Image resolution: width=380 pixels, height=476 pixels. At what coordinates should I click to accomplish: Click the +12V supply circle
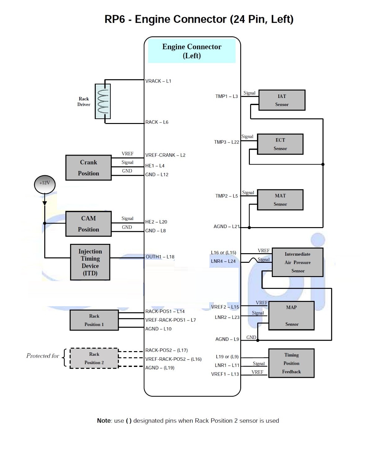tap(45, 184)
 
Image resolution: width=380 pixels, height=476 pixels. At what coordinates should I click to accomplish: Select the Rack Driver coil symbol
tap(103, 101)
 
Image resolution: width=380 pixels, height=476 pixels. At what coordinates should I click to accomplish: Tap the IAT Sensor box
tap(282, 100)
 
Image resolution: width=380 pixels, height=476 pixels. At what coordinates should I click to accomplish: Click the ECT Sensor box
tap(280, 144)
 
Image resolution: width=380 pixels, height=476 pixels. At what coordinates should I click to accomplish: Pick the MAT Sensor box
tap(280, 200)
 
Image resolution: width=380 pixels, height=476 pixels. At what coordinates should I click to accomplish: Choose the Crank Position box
tap(88, 168)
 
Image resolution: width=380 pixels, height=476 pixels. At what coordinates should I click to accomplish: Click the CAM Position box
tap(88, 224)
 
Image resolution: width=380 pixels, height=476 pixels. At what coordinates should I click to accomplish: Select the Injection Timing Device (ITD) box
tap(90, 262)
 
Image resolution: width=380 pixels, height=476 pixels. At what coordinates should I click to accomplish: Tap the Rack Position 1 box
tap(94, 320)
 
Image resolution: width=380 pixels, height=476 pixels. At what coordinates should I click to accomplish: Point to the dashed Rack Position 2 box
tap(94, 358)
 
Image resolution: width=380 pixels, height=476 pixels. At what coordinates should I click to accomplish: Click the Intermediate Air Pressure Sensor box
tap(298, 262)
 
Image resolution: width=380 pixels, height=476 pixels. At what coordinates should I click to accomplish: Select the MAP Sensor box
tap(291, 315)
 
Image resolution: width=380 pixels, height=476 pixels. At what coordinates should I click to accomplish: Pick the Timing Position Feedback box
tap(291, 363)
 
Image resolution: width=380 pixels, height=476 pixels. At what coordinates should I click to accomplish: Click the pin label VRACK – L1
tap(158, 81)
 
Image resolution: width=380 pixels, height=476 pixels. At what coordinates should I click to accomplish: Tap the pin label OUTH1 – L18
tap(160, 257)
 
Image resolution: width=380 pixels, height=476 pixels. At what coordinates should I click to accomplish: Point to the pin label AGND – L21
tap(227, 227)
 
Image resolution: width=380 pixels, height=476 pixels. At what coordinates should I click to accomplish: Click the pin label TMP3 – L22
tap(227, 142)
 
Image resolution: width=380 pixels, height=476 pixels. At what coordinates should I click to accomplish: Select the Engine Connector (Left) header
tap(192, 51)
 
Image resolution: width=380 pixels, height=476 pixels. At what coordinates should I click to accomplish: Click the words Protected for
tap(43, 356)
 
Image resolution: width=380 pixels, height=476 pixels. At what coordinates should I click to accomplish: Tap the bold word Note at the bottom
tap(104, 421)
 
